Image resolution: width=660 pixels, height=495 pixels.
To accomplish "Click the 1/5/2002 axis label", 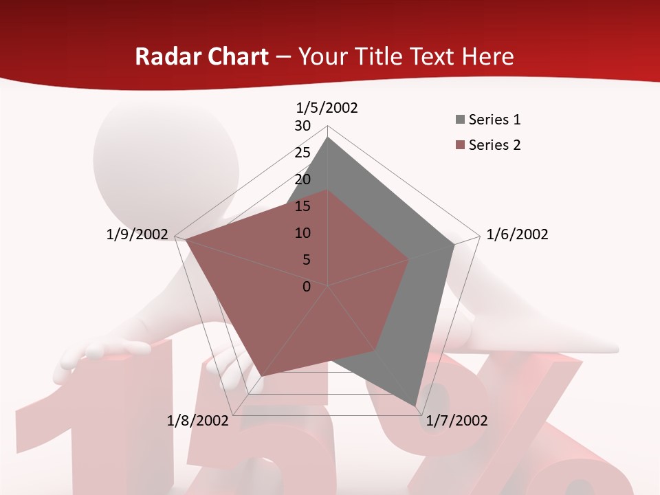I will coord(327,108).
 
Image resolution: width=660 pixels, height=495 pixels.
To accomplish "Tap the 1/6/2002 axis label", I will coord(517,234).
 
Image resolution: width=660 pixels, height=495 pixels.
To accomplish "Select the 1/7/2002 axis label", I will coord(456,421).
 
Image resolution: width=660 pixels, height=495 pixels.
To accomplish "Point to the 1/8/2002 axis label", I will coord(198,421).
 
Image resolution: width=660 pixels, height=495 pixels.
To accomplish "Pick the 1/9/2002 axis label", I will coord(137,234).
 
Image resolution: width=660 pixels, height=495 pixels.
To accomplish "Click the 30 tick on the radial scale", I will coord(302,126).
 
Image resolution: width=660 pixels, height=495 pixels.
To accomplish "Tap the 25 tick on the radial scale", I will coord(302,153).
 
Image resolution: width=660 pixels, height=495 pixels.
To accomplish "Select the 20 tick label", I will coord(302,179).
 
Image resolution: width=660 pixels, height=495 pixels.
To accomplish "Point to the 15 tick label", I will coord(302,206).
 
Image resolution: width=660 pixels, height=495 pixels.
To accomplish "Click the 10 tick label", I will coord(302,233).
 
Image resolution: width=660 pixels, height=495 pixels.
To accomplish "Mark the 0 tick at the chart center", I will coord(307,287).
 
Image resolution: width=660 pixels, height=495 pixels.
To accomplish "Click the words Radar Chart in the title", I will coord(201,56).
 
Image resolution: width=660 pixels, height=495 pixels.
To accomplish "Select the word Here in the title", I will coord(488,56).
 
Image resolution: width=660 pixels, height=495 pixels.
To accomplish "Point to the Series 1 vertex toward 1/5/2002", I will coord(328,137).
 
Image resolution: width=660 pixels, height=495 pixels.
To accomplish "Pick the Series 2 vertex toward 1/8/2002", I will coord(262,376).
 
